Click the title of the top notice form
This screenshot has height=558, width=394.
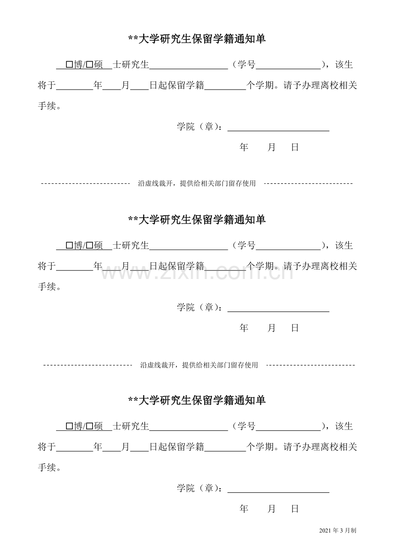pyautogui.click(x=197, y=39)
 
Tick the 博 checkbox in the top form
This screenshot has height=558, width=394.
pyautogui.click(x=69, y=65)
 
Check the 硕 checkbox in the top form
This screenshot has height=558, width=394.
pyautogui.click(x=90, y=65)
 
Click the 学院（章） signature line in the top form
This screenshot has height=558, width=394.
pyautogui.click(x=278, y=131)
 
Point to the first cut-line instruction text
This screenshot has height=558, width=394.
pyautogui.click(x=197, y=183)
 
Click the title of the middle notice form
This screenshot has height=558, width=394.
pyautogui.click(x=197, y=220)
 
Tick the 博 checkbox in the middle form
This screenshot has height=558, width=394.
pyautogui.click(x=69, y=246)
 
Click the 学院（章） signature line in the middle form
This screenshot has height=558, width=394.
pyautogui.click(x=278, y=312)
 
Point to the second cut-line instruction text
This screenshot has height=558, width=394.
pyautogui.click(x=199, y=365)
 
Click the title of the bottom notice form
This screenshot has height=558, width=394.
pyautogui.click(x=197, y=401)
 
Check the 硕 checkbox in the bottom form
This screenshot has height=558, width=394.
pyautogui.click(x=90, y=426)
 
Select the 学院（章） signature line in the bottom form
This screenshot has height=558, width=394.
pyautogui.click(x=278, y=492)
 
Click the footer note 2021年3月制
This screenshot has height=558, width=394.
pyautogui.click(x=338, y=537)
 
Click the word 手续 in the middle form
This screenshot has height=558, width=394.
pyautogui.click(x=47, y=287)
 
